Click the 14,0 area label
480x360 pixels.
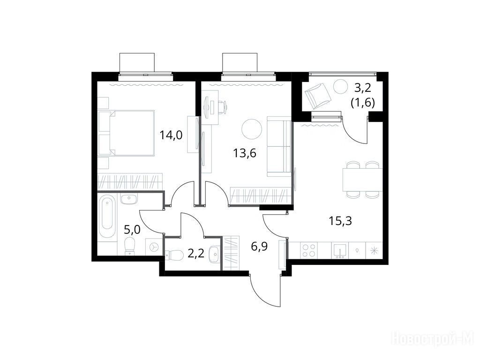(171, 135)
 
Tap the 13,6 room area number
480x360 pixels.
(245, 153)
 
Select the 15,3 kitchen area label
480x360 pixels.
(340, 220)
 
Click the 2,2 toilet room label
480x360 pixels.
(195, 254)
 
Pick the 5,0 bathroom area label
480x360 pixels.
(132, 229)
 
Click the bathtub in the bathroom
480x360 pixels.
(107, 214)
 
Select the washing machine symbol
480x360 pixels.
(154, 246)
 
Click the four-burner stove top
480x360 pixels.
(308, 250)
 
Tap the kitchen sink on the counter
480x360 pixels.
(340, 250)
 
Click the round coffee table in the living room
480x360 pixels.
(252, 129)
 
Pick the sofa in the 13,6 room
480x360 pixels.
(278, 146)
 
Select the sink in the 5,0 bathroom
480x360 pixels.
(129, 199)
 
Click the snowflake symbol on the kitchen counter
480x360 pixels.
(374, 250)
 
